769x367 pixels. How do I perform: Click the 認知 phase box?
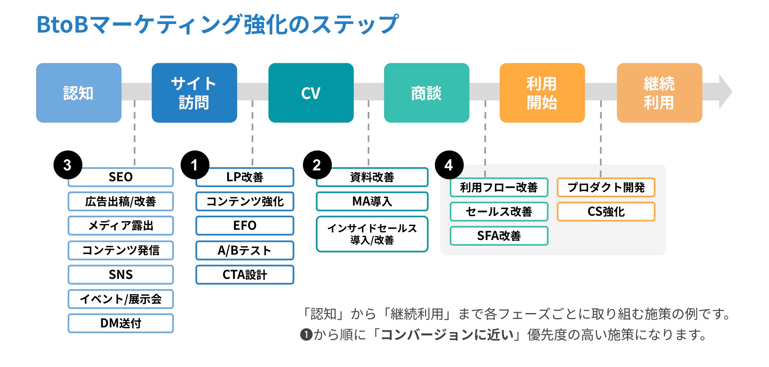[x=79, y=93]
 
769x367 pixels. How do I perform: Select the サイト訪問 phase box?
[x=194, y=93]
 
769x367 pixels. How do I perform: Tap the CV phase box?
[x=311, y=93]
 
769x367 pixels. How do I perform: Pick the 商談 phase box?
[x=426, y=93]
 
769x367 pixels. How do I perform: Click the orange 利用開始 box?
[x=542, y=93]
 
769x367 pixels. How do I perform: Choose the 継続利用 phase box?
[x=659, y=93]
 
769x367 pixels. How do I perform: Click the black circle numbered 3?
[x=67, y=165]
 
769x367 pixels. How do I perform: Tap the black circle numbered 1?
[x=195, y=165]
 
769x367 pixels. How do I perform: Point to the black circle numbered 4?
[x=449, y=165]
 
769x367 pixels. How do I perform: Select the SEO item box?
[x=121, y=177]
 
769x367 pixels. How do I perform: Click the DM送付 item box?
[x=121, y=323]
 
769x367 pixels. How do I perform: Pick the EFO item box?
[x=245, y=226]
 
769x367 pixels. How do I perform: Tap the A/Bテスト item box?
[x=245, y=250]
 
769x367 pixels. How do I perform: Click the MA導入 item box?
[x=372, y=201]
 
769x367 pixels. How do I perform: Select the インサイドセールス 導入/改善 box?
[x=372, y=234]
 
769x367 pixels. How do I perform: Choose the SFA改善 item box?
[x=499, y=236]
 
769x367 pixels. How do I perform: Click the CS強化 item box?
[x=606, y=212]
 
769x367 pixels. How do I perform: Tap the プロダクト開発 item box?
[x=606, y=187]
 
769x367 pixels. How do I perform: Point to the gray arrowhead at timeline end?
[x=725, y=92]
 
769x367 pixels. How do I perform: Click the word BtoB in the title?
[x=62, y=25]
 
